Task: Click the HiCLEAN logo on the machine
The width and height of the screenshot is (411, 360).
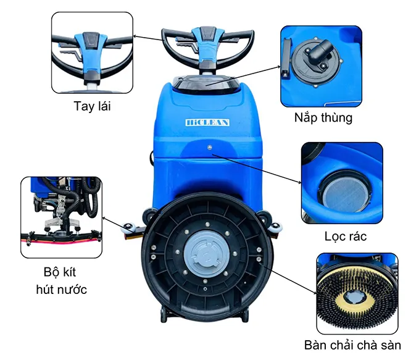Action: (x=207, y=122)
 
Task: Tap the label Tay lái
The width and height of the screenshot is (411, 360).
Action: (x=93, y=106)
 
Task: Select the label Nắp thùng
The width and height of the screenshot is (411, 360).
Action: (x=323, y=117)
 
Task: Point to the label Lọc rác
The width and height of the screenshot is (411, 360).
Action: (x=346, y=237)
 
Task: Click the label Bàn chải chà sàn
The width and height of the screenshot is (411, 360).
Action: (x=352, y=345)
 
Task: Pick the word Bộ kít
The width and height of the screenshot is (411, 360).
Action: (x=60, y=272)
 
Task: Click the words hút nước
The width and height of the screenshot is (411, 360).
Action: (x=61, y=290)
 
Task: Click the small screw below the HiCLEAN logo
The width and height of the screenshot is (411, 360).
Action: (x=209, y=148)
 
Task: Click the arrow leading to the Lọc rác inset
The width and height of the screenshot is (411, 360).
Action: (x=257, y=169)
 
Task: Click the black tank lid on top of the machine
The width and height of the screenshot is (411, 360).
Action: (x=206, y=83)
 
